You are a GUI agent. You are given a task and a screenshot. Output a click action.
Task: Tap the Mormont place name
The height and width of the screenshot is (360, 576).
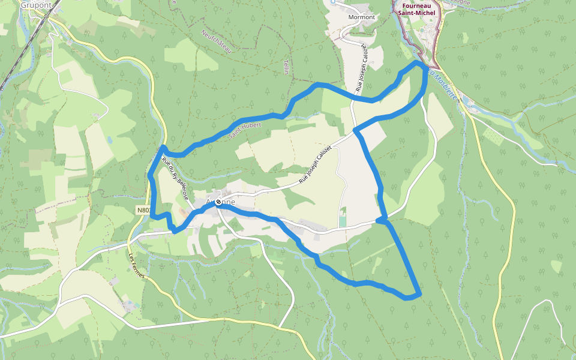coord(361,17)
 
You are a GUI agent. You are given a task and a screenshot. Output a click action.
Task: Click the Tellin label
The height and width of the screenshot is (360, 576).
coord(286,66)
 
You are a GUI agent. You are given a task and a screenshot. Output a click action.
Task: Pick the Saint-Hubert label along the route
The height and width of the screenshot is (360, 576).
coord(242,128)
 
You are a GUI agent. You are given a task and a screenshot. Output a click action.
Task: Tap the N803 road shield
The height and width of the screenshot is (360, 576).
coord(143,210)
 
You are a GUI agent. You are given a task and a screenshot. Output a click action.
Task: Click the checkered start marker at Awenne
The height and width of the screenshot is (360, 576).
coord(218,202)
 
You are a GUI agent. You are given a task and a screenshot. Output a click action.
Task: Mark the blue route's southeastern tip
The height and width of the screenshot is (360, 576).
coord(419,293)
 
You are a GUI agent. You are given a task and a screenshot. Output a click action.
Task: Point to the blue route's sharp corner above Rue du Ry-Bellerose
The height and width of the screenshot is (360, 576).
coord(163,147)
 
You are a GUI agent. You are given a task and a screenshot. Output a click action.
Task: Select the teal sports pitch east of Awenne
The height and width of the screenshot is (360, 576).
coord(342,221)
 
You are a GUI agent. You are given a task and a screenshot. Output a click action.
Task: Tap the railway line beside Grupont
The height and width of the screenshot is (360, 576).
coord(18,54)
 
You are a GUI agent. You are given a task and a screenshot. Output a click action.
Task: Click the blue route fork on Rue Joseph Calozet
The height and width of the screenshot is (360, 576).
coord(355,130)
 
